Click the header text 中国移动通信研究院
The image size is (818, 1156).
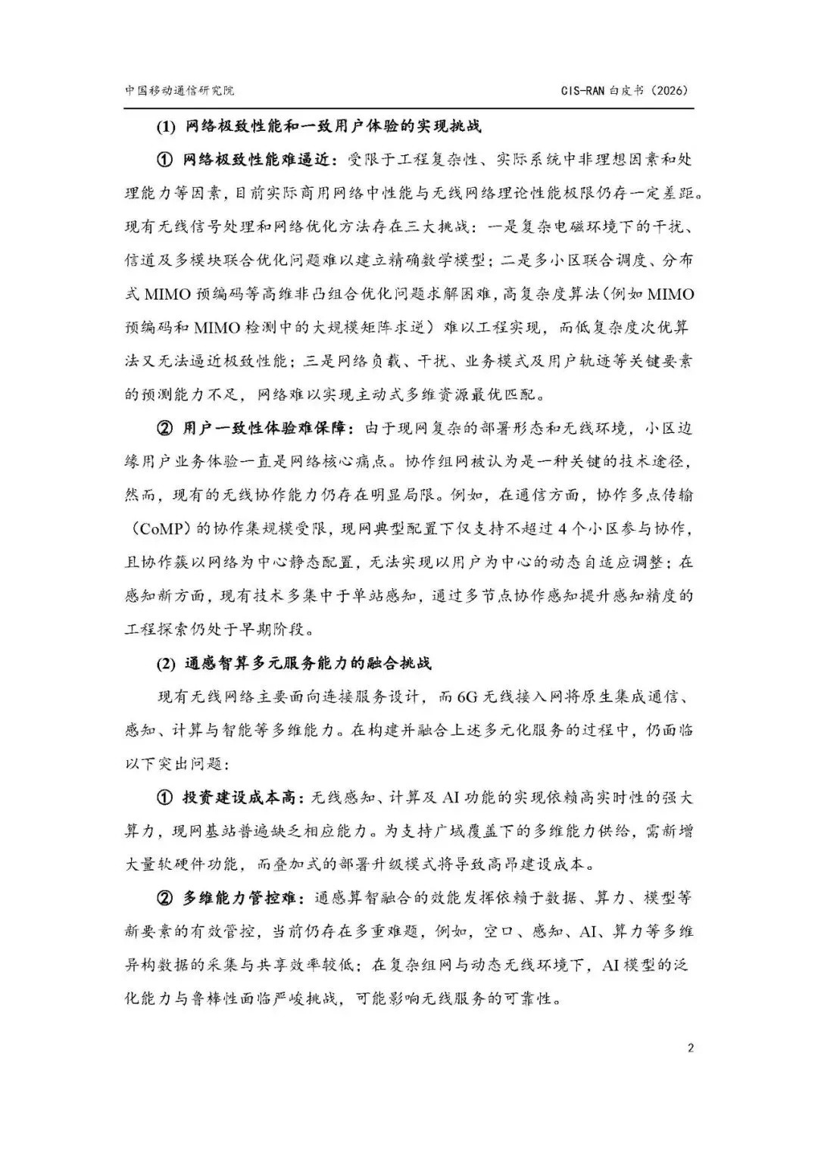coord(180,90)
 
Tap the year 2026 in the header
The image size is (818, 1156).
coord(668,90)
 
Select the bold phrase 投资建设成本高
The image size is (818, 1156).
coord(242,798)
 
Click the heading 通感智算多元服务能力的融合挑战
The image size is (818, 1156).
coord(308,664)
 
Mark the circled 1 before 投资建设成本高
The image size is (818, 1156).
coord(165,798)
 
